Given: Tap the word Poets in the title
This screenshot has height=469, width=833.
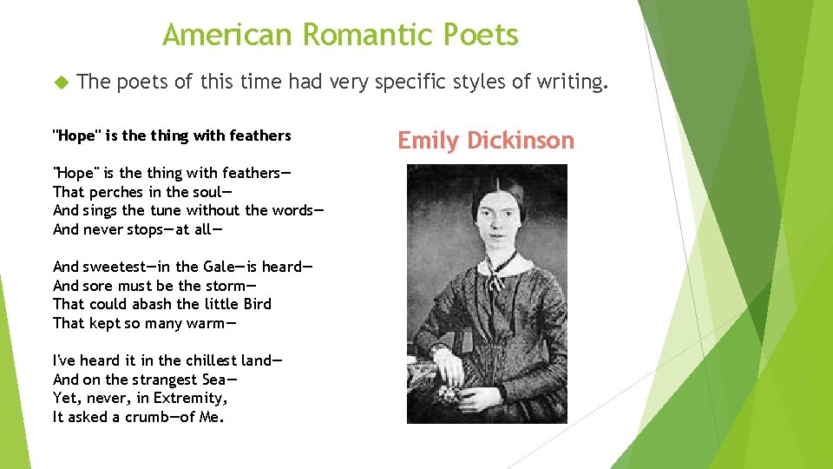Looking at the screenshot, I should pyautogui.click(x=480, y=36).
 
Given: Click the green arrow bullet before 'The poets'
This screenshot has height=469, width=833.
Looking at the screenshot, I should pyautogui.click(x=60, y=83).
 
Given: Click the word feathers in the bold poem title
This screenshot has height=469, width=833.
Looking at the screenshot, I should pyautogui.click(x=261, y=135).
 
